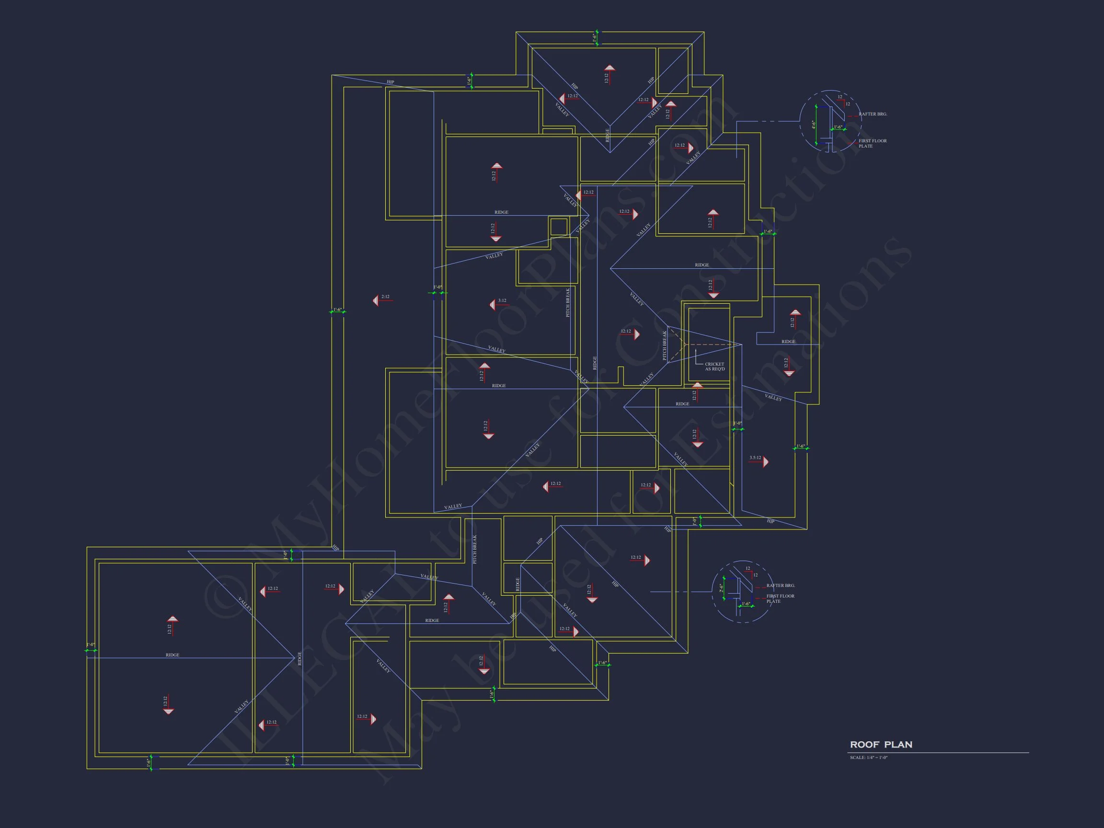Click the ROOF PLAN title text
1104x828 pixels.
tap(881, 745)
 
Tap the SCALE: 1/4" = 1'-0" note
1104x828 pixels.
tap(868, 758)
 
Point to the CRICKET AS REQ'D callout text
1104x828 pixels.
tap(714, 367)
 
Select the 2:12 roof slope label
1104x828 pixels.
tap(385, 297)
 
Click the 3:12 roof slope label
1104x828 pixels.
tap(502, 300)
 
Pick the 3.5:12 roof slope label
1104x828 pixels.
tap(755, 457)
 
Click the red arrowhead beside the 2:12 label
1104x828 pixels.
tap(375, 300)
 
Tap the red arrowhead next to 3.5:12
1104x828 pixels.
tap(766, 461)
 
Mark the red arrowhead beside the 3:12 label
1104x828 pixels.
tap(492, 304)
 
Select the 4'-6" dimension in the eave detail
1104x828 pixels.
tap(813, 124)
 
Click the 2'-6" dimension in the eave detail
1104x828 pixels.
tap(721, 588)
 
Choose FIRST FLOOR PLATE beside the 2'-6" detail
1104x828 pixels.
tap(780, 598)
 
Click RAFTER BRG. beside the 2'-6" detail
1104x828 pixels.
tap(781, 586)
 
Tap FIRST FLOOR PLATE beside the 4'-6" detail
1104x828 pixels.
tap(873, 143)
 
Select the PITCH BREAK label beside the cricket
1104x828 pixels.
tap(664, 345)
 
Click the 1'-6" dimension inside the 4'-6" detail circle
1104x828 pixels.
tap(838, 127)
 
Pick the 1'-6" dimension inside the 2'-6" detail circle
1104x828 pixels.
tap(746, 604)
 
